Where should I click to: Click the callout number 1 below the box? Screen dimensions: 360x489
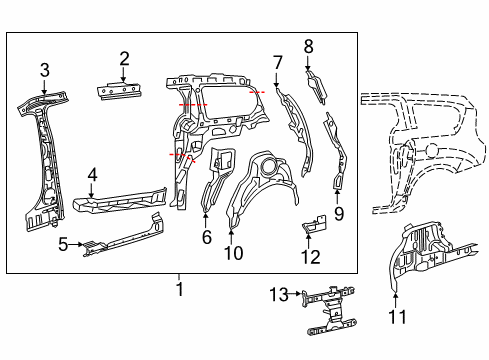(181, 289)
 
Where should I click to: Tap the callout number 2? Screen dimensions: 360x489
(124, 58)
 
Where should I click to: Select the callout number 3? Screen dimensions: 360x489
(44, 69)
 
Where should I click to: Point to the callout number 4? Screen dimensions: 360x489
(91, 176)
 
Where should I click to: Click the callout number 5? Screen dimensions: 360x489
(63, 242)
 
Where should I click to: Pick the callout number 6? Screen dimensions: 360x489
(207, 237)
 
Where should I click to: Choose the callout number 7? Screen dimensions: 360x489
(277, 62)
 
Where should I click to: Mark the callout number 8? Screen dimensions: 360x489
(308, 45)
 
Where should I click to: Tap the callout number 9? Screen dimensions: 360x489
(338, 213)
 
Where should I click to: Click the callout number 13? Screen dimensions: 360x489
(279, 293)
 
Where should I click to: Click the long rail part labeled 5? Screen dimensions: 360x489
(125, 234)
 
